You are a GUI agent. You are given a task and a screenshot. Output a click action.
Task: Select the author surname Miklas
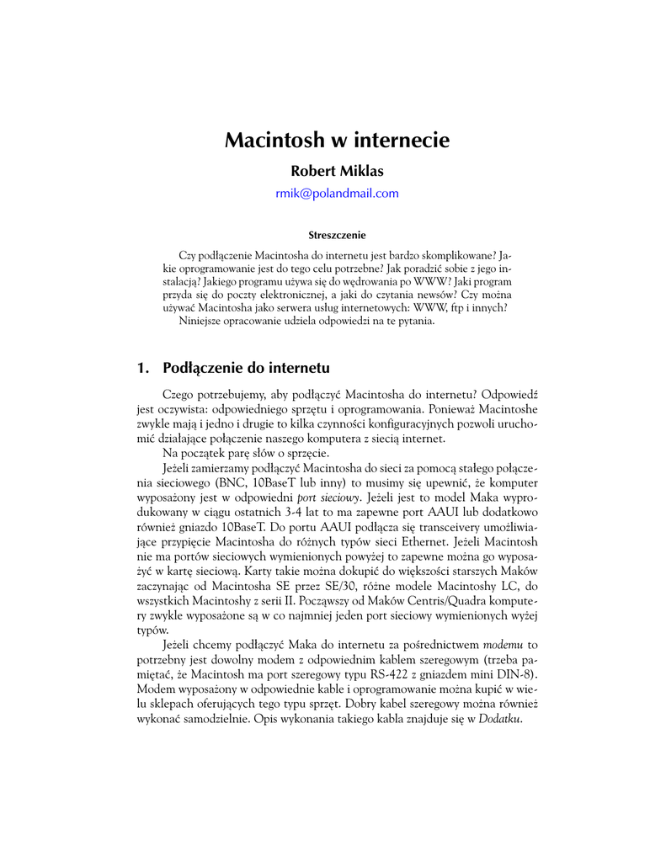(360, 171)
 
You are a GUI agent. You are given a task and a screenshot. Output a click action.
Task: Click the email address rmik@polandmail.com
(337, 193)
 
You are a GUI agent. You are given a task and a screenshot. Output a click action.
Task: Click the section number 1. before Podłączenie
(142, 368)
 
